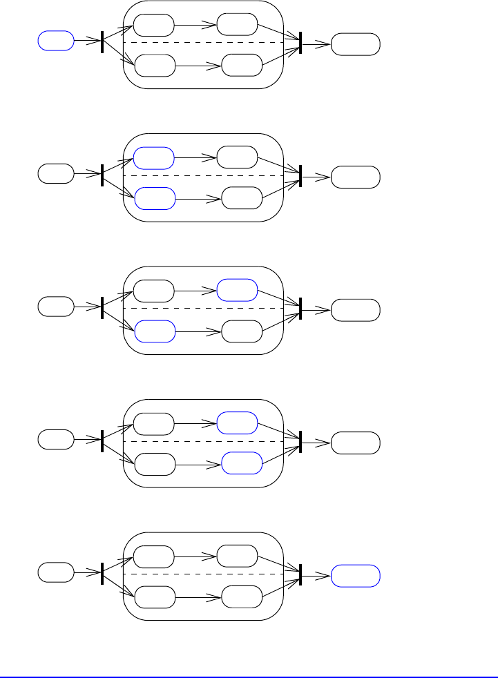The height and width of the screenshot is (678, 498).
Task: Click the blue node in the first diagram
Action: point(55,41)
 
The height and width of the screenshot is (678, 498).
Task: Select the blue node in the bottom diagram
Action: point(355,575)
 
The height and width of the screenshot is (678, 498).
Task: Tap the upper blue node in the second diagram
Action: point(153,157)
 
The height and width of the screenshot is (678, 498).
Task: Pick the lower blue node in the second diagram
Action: point(155,199)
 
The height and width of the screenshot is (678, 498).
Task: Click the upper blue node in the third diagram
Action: point(237,290)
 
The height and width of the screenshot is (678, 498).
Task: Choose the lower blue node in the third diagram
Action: point(155,331)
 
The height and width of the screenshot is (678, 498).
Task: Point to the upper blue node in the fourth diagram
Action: point(237,423)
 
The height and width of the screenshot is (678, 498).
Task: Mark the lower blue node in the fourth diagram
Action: point(242,464)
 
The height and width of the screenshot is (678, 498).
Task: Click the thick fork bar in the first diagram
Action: point(102,41)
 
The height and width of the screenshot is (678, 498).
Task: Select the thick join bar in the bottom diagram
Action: point(300,572)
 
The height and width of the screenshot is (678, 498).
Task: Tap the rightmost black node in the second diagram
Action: point(355,177)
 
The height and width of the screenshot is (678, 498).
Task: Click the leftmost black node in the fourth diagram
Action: point(55,439)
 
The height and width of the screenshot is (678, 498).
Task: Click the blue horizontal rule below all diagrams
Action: point(249,676)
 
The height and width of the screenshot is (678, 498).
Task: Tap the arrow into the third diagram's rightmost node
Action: point(316,309)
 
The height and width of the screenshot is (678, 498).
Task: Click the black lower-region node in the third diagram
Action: point(242,331)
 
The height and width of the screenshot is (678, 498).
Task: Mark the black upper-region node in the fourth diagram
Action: point(153,423)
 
